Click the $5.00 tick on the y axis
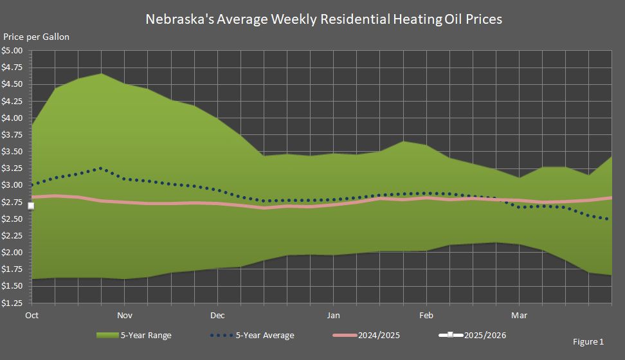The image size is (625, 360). point(13,51)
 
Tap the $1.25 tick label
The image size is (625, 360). point(13,302)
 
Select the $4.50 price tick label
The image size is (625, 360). point(13,84)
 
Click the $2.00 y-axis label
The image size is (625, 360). point(13,252)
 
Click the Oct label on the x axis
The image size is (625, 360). point(32,316)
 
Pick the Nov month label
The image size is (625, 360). point(125,316)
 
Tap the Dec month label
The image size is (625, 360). point(217,316)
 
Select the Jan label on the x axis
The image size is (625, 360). point(333,316)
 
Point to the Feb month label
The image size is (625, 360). point(426,316)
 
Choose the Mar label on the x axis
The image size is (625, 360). point(519,316)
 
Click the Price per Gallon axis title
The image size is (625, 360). point(37,37)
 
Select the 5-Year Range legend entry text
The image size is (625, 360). point(146,335)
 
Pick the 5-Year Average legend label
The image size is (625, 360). point(265,335)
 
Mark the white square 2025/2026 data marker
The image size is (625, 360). point(31,206)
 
